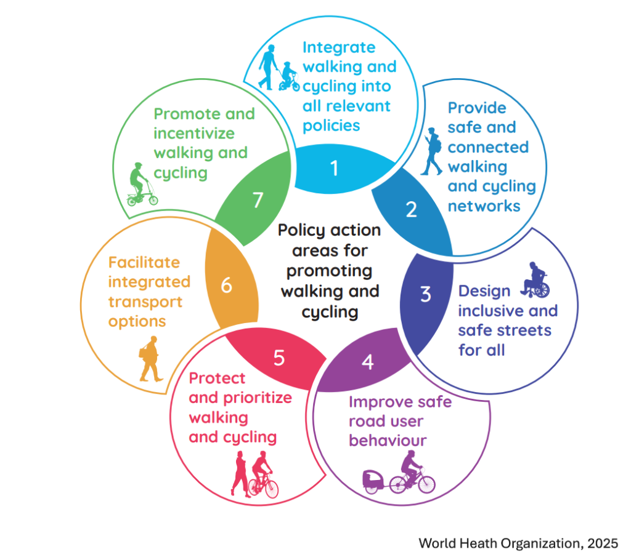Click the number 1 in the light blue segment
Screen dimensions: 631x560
(334, 168)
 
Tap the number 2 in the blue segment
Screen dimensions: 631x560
(411, 209)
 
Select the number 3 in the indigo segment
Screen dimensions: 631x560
(426, 294)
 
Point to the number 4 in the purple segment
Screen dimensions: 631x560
(368, 362)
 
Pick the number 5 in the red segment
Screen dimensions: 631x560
(279, 358)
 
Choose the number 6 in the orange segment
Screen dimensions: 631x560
(227, 286)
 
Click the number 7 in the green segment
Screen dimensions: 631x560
(258, 200)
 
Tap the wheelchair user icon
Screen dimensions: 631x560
(535, 280)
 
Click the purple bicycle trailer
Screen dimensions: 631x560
(372, 481)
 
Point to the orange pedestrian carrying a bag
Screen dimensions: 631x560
(150, 359)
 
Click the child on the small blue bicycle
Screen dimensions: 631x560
(290, 76)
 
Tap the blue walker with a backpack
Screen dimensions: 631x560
(432, 151)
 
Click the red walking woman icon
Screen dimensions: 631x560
(240, 474)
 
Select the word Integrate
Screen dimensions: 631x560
(339, 48)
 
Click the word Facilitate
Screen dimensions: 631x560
(144, 263)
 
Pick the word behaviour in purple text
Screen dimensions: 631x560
(388, 441)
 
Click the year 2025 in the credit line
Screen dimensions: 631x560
(603, 543)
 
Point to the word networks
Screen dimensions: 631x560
(484, 206)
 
